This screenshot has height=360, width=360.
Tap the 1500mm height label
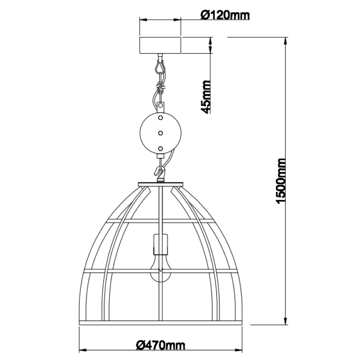click(282, 181)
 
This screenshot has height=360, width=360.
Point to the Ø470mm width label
click(160, 345)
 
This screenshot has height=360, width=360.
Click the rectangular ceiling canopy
click(160, 45)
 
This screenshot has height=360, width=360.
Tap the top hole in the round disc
click(160, 119)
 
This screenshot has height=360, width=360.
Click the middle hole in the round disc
click(160, 133)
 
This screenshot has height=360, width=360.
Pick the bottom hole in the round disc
click(160, 148)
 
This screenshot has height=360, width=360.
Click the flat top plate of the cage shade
click(160, 183)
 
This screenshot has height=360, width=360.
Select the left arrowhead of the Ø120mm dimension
click(142, 20)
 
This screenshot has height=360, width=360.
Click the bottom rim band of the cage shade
click(160, 323)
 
